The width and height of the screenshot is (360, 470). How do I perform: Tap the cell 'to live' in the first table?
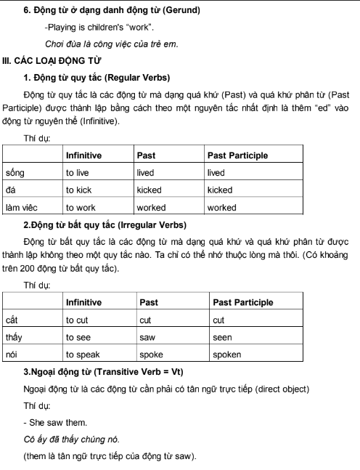(78, 172)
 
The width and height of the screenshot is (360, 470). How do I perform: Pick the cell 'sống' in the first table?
(15, 172)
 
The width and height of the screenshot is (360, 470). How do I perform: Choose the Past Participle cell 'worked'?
(221, 207)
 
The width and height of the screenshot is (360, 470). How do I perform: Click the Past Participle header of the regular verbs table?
(237, 155)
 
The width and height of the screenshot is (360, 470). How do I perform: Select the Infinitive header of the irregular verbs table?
(83, 302)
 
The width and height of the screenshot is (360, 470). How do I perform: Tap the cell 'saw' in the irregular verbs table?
(147, 337)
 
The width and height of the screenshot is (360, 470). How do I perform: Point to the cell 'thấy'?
(14, 337)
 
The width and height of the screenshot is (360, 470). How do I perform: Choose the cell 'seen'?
(224, 337)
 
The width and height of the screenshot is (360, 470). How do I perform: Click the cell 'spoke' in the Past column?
(152, 354)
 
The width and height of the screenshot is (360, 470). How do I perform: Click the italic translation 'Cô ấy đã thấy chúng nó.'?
(70, 439)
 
